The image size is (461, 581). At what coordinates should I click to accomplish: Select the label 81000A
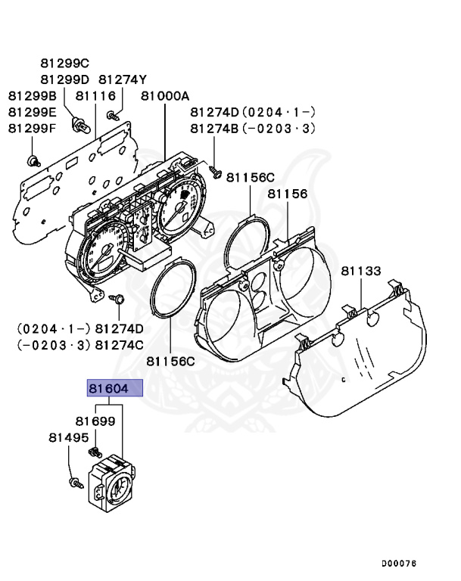click(x=164, y=96)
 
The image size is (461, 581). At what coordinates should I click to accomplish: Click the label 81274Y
click(x=123, y=79)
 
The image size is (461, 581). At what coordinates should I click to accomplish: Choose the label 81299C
click(x=64, y=63)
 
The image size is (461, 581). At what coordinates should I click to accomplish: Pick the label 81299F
click(x=33, y=128)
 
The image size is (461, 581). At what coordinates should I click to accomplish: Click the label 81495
click(x=69, y=437)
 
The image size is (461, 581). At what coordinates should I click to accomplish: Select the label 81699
click(x=95, y=420)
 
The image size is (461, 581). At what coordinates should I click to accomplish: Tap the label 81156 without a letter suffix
click(x=287, y=194)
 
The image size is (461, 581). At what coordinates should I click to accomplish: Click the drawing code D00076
click(x=399, y=564)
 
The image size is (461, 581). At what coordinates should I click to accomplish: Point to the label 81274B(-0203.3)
click(x=252, y=129)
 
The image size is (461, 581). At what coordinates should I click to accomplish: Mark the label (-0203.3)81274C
click(x=80, y=345)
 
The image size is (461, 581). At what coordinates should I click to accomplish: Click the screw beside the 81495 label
click(x=73, y=481)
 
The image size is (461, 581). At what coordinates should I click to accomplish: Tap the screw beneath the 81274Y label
click(x=113, y=115)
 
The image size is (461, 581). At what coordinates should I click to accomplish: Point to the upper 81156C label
click(x=250, y=177)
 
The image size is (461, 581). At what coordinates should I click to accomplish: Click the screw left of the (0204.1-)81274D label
click(x=118, y=299)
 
